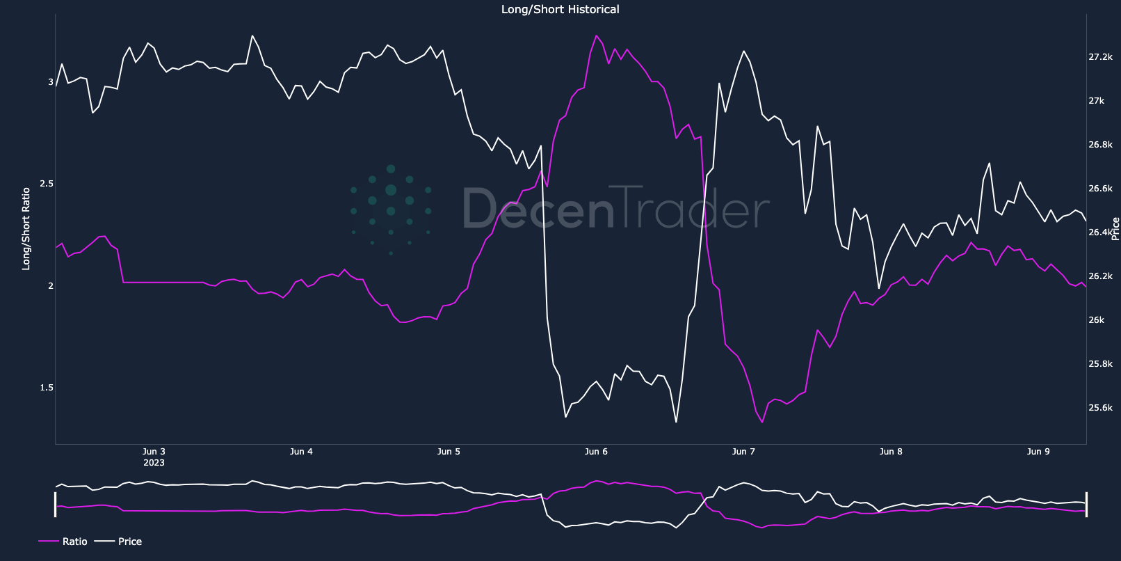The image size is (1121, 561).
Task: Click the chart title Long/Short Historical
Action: [x=560, y=10]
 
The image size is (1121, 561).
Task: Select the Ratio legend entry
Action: [x=74, y=542]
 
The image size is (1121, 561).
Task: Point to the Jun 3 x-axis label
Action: [x=154, y=452]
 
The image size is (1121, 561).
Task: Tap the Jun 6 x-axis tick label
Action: [x=596, y=452]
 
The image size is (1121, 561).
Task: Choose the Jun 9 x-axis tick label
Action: [x=1038, y=452]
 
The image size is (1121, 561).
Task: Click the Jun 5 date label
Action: [x=449, y=452]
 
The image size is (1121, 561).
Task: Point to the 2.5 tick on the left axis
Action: [x=47, y=184]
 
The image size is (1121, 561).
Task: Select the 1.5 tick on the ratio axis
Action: [x=47, y=388]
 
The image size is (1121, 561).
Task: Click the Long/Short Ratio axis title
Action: [x=26, y=228]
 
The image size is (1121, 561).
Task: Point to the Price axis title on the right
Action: [x=1115, y=228]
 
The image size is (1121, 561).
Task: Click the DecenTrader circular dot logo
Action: [x=391, y=210]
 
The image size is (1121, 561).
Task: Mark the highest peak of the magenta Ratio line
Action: [x=596, y=35]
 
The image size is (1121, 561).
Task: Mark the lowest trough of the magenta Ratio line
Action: [x=762, y=422]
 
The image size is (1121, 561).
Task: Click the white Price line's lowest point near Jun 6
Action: [x=676, y=422]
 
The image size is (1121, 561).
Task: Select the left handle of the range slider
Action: [x=56, y=504]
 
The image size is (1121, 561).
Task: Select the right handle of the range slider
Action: [x=1086, y=504]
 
